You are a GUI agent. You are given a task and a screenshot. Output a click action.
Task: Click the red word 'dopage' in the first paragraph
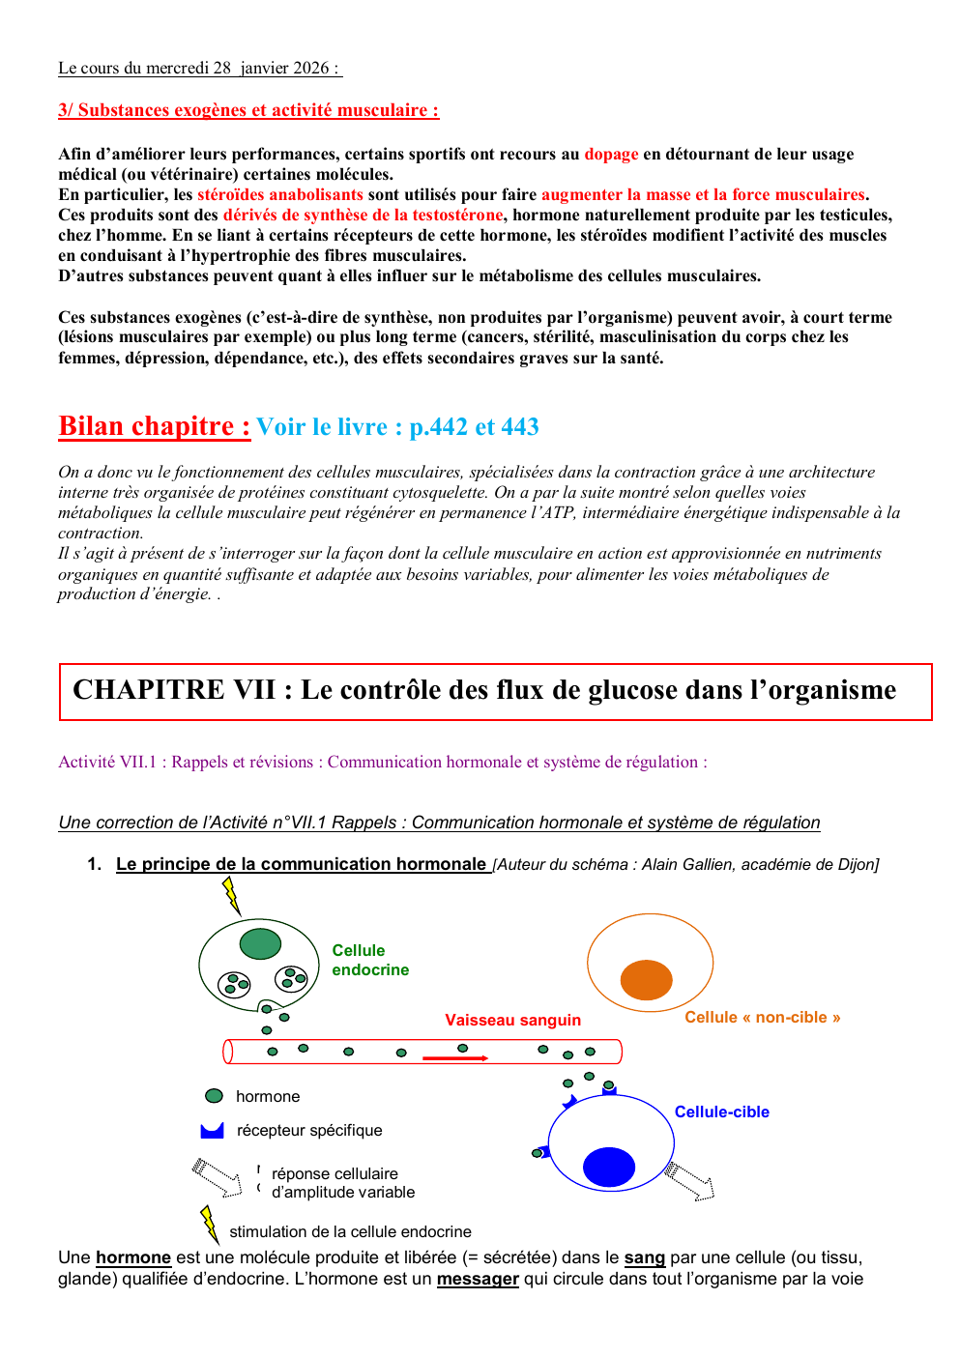(611, 155)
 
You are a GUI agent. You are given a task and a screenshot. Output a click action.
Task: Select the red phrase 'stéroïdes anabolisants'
(280, 195)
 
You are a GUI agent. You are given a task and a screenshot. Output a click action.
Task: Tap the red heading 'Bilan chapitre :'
(155, 426)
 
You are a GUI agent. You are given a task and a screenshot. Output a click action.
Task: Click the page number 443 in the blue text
(520, 427)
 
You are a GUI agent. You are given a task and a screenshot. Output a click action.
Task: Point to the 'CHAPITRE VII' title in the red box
(174, 690)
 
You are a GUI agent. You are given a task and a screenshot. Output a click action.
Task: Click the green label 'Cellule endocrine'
(369, 960)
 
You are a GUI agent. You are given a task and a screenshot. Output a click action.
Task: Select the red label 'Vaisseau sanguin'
(512, 1021)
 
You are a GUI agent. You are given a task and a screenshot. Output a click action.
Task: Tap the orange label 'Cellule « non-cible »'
(762, 1018)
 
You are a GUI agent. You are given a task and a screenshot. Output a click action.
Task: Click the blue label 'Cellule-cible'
(721, 1112)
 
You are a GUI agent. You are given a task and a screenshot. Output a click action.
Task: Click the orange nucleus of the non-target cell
(646, 980)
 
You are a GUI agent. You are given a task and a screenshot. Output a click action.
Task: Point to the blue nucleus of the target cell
(609, 1167)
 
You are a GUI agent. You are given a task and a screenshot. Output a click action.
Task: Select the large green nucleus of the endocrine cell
(260, 943)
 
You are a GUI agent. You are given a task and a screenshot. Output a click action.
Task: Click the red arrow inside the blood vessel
(455, 1058)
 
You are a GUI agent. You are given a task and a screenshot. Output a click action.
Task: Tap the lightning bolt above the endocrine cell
(231, 895)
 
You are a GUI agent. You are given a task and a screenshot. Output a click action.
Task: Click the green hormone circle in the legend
(215, 1096)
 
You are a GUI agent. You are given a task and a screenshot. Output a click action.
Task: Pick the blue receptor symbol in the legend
(212, 1131)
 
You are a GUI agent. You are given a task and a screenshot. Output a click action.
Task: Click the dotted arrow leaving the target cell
(689, 1181)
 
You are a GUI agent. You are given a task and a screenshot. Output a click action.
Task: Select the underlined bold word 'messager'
(478, 1280)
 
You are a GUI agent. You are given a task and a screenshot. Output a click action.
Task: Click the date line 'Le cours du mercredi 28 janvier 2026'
(199, 69)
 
